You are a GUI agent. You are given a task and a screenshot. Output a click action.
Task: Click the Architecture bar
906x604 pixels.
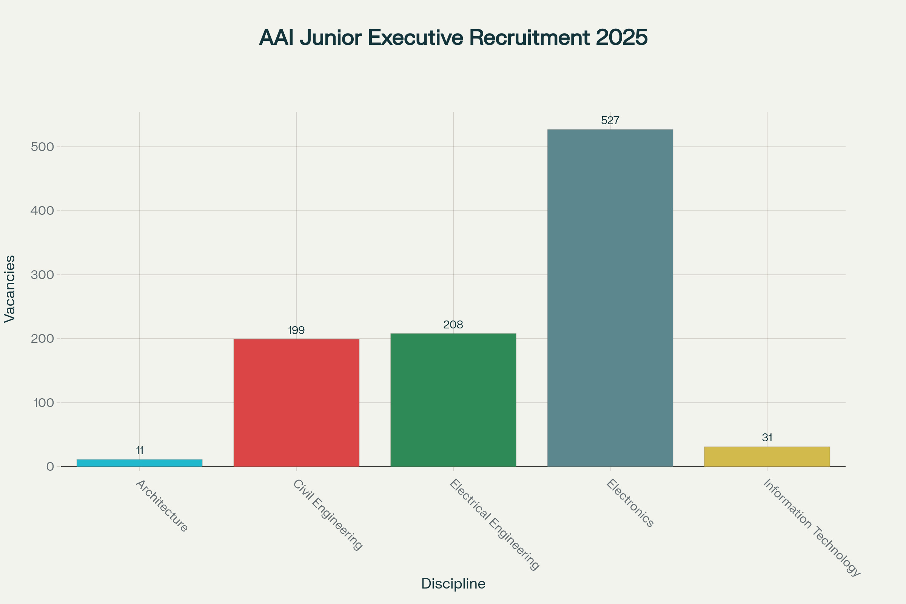point(139,463)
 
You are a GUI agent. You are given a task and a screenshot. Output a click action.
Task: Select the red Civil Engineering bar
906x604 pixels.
point(296,402)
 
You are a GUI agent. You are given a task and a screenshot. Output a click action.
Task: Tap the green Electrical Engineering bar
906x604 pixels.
point(453,400)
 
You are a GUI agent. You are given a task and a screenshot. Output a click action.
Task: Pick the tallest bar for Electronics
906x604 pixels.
point(610,298)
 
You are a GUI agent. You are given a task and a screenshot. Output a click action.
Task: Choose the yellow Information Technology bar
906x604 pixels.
point(767,456)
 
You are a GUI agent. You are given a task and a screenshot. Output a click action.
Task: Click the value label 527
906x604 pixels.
point(610,120)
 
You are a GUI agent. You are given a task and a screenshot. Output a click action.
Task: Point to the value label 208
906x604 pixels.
point(453,325)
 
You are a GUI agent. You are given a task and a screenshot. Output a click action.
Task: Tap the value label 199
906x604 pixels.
point(296,331)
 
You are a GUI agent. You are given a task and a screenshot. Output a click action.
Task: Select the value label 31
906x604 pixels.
point(767,438)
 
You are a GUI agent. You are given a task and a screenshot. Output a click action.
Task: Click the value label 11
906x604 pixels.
point(139,450)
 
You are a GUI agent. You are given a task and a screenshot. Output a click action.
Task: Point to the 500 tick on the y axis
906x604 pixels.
point(42,147)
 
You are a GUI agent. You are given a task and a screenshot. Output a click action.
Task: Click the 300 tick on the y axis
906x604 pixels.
point(42,275)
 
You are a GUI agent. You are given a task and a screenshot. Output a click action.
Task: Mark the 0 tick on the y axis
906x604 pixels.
point(50,467)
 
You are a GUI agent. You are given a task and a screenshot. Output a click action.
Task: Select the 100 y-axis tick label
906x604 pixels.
point(43,403)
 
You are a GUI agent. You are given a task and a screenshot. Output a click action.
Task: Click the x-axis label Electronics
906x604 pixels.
point(629,503)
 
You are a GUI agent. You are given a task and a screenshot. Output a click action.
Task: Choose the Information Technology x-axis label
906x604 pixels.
point(811,527)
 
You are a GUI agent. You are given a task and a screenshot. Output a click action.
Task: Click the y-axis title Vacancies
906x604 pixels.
point(10,289)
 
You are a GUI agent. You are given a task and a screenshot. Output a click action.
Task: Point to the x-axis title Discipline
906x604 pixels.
point(453,584)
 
